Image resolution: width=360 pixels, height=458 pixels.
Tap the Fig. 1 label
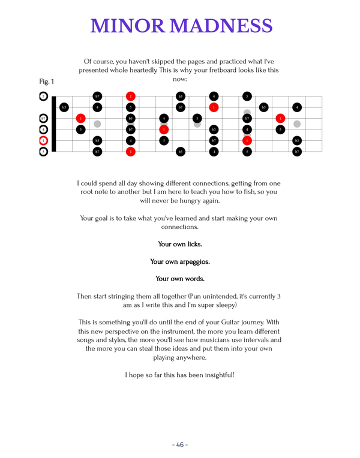point(46,82)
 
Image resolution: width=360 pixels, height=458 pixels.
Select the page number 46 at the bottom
point(180,445)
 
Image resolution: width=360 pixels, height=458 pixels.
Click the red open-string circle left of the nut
point(43,141)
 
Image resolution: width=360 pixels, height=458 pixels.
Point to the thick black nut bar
point(53,123)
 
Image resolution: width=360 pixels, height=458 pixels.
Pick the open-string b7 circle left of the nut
point(43,118)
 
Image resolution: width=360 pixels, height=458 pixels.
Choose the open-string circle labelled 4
point(43,129)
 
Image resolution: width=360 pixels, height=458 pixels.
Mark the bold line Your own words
point(180,279)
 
